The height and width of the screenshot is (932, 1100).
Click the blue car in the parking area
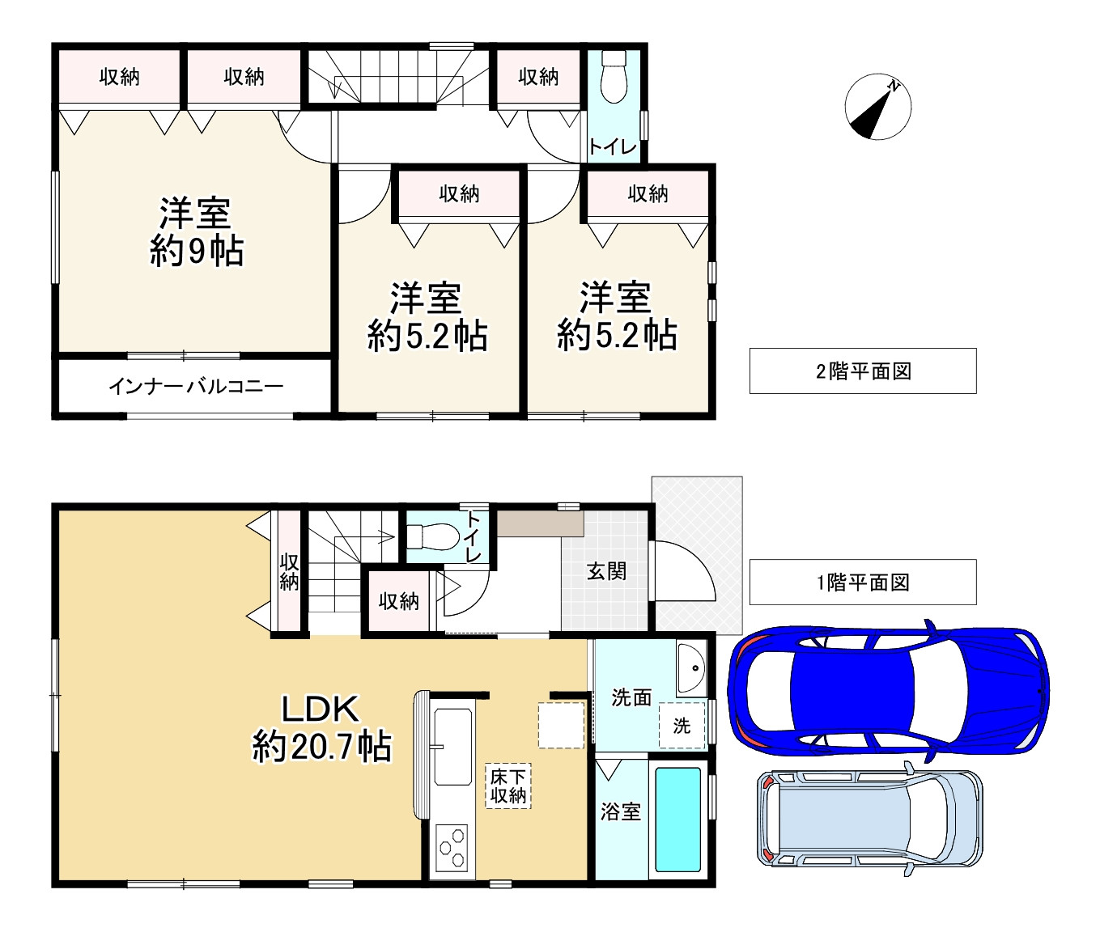pyautogui.click(x=889, y=690)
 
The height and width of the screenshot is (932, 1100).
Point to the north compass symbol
pyautogui.click(x=877, y=107)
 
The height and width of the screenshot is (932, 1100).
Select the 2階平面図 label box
pyautogui.click(x=863, y=371)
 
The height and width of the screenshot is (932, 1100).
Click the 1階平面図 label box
pyautogui.click(x=863, y=582)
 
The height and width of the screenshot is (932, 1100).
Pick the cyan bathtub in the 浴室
pyautogui.click(x=677, y=819)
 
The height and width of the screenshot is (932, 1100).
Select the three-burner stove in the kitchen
pyautogui.click(x=452, y=848)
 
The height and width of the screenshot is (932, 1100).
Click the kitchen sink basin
pyautogui.click(x=452, y=747)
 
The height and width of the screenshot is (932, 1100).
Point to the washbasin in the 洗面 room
pyautogui.click(x=691, y=667)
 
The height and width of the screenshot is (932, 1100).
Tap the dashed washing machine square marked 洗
pyautogui.click(x=682, y=726)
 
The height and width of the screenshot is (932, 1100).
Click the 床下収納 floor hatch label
pyautogui.click(x=508, y=786)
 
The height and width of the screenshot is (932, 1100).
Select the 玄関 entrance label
pyautogui.click(x=606, y=571)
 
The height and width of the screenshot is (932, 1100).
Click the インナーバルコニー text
pyautogui.click(x=196, y=386)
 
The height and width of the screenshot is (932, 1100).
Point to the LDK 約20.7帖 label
pyautogui.click(x=321, y=728)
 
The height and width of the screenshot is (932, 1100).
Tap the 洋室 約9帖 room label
pyautogui.click(x=196, y=232)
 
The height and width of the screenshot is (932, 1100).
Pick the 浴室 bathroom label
pyautogui.click(x=621, y=812)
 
